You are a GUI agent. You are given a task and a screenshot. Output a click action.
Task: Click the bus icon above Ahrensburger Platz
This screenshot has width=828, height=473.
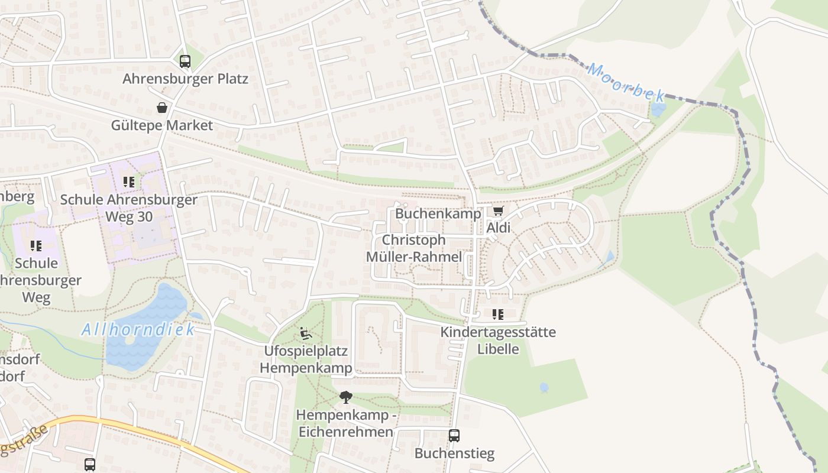[x=185, y=61]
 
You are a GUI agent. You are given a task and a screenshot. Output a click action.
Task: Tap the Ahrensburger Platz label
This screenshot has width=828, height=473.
[x=185, y=79]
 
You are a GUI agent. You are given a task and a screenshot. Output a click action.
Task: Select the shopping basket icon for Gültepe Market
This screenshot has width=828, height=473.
[x=161, y=108]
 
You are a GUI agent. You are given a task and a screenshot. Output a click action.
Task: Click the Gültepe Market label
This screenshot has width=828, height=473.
[x=161, y=125]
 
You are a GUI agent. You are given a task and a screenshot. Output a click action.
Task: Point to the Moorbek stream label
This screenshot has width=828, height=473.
[x=626, y=82]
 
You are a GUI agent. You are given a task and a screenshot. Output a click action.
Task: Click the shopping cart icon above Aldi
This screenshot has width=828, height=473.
[x=498, y=211]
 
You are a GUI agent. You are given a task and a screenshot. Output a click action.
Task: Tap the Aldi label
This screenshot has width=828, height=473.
[x=498, y=228]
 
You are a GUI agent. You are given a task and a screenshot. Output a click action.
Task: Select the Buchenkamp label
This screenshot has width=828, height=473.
[x=438, y=213]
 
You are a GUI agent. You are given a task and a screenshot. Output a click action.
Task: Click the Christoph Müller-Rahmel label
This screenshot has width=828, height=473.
[x=414, y=248]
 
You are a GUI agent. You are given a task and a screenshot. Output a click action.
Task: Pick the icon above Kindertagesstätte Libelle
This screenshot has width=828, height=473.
[x=498, y=315]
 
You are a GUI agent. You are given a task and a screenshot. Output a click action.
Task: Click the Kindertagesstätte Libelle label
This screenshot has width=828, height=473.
[x=498, y=341]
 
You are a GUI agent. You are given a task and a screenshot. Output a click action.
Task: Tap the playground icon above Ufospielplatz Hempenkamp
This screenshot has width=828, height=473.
[x=306, y=333]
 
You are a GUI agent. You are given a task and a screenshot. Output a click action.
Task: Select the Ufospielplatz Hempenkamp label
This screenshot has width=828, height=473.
[x=306, y=359]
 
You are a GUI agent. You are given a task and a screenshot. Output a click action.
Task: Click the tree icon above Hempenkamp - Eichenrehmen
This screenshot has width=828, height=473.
[x=345, y=397]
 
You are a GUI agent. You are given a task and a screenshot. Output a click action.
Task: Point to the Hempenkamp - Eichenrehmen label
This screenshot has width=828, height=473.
[x=345, y=423]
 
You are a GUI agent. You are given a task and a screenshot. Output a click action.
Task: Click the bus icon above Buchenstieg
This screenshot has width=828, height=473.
[x=454, y=436]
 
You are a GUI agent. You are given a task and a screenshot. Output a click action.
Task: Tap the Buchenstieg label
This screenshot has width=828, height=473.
[x=454, y=453]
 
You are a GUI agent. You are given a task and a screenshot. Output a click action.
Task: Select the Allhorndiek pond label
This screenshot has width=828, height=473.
[x=138, y=329]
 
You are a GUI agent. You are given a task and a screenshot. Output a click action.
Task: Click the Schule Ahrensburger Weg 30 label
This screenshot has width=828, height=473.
[x=129, y=208]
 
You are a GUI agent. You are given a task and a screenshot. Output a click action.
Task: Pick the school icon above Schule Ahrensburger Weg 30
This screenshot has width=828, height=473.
[x=129, y=182]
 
